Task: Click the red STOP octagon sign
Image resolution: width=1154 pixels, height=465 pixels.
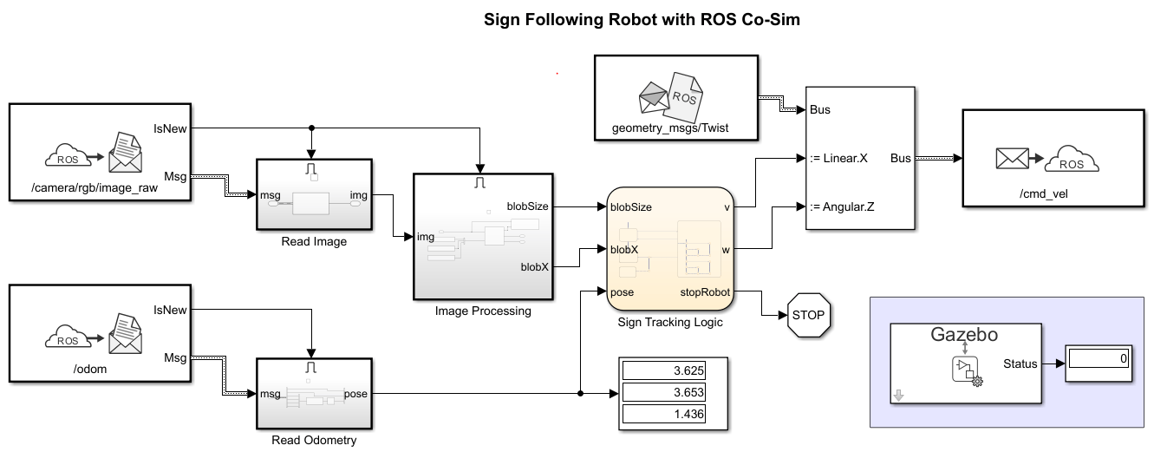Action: [x=809, y=315]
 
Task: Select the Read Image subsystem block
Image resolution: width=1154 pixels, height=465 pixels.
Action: [x=314, y=195]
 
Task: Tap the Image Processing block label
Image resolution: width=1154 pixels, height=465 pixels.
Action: [x=483, y=311]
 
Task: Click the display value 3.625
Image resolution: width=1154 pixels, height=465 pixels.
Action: [x=663, y=371]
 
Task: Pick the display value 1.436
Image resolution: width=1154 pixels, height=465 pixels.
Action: [x=663, y=415]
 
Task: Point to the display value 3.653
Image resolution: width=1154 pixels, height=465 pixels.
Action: [x=663, y=393]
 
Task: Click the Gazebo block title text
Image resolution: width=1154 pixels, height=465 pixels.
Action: [x=963, y=334]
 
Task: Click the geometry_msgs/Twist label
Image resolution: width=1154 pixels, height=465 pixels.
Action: [x=664, y=128]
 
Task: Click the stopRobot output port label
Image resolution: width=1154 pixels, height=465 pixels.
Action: [x=705, y=291]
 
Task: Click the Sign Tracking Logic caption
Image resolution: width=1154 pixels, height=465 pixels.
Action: [x=669, y=323]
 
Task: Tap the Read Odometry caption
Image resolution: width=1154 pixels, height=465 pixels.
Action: [x=314, y=441]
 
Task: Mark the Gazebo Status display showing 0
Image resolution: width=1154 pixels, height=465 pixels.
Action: [x=1098, y=357]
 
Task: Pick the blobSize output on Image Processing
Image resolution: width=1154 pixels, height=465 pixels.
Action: [x=527, y=206]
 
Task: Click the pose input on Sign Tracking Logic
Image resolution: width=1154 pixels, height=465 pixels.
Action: [x=623, y=291]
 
